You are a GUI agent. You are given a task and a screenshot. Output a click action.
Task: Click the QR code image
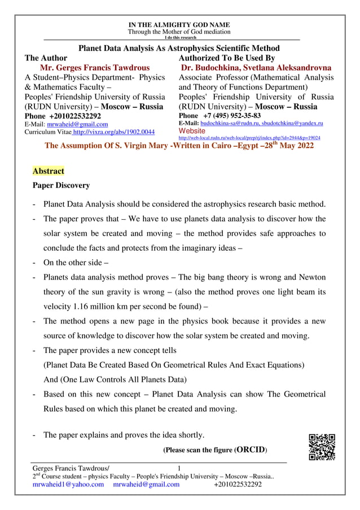[x=322, y=447]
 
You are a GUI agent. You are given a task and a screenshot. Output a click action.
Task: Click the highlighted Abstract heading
[x=49, y=171]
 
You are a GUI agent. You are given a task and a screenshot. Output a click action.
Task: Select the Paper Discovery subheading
[x=61, y=185]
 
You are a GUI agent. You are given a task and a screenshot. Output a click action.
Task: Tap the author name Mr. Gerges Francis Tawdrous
[x=95, y=68]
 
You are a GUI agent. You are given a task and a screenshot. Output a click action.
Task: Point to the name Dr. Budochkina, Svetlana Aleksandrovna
[x=256, y=68]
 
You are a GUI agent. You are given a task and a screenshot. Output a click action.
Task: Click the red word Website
[x=193, y=130]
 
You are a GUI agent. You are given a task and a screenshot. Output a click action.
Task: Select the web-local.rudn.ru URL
[x=249, y=137]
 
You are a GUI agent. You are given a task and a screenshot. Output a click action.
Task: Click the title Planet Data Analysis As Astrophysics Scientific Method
[x=179, y=49]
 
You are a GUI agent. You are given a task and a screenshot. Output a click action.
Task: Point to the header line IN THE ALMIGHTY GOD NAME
[x=179, y=25]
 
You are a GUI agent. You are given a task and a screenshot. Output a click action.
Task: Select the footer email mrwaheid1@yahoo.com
[x=68, y=484]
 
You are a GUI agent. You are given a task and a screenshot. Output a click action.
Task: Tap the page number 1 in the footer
[x=179, y=468]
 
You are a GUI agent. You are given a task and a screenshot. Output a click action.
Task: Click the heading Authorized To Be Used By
[x=226, y=58]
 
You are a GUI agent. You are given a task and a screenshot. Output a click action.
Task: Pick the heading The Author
[x=46, y=58]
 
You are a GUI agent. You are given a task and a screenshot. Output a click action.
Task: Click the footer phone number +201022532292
[x=238, y=484]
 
